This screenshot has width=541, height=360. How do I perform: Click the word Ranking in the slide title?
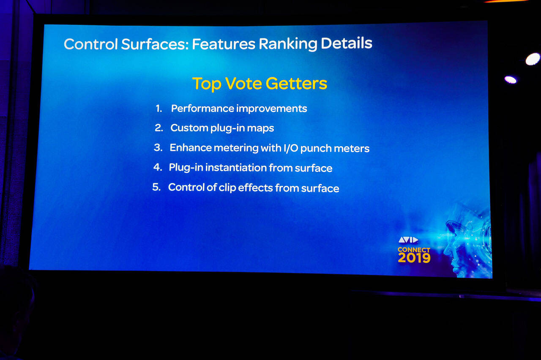click(288, 44)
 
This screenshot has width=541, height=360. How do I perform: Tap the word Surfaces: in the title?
click(155, 44)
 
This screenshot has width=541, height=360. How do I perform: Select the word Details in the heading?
click(346, 43)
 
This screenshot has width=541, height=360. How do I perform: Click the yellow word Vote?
click(244, 84)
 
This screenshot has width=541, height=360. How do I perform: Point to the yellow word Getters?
click(296, 84)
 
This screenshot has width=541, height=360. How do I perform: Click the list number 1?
click(158, 109)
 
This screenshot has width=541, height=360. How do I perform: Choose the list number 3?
click(158, 147)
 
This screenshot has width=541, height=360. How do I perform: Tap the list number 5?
click(156, 187)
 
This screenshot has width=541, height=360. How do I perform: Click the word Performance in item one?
click(202, 109)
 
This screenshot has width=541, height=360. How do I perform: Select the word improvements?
click(272, 109)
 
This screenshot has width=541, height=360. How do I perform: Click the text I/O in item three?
click(291, 148)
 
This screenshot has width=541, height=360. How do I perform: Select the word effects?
click(256, 188)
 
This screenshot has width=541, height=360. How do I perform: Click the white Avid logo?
click(408, 240)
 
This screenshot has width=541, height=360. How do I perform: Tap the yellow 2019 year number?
click(414, 258)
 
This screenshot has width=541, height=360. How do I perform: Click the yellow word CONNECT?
click(414, 250)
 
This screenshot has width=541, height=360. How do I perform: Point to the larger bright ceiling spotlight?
click(533, 59)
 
